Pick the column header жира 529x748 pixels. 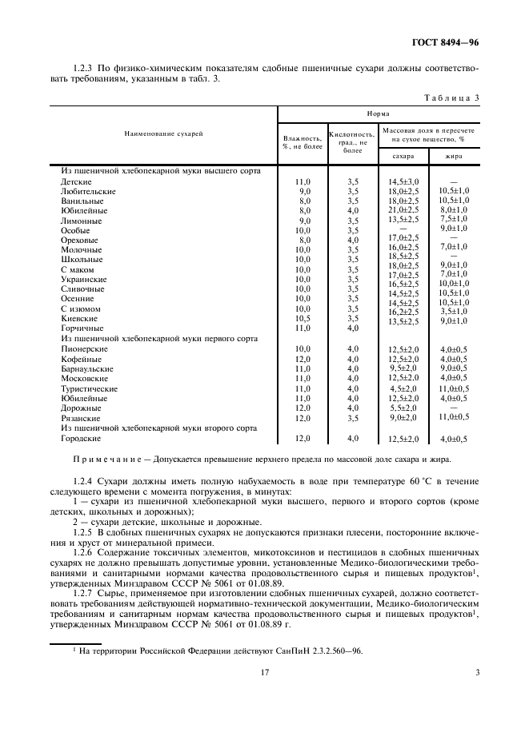pos(453,157)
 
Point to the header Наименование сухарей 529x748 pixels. pos(163,133)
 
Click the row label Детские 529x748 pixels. pos(76,181)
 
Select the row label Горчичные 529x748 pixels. pos(82,328)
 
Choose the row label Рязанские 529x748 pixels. pos(80,417)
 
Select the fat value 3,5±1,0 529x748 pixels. pos(453,311)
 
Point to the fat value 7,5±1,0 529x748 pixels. pos(453,219)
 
